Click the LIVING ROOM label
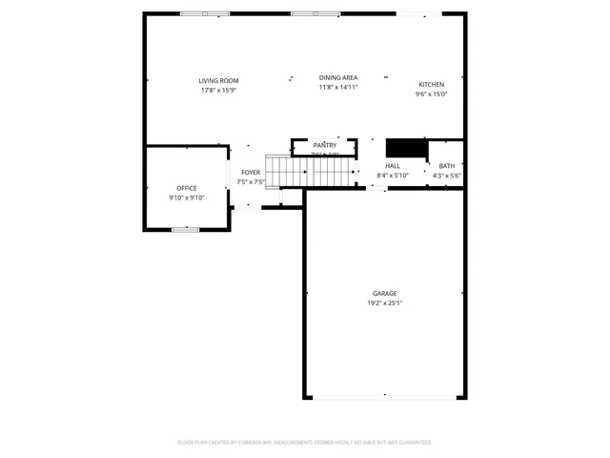pyautogui.click(x=218, y=81)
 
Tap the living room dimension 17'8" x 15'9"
pyautogui.click(x=218, y=91)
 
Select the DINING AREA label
pyautogui.click(x=337, y=77)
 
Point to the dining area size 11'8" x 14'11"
pyautogui.click(x=337, y=87)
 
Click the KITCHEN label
pyautogui.click(x=431, y=85)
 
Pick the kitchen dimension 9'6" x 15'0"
pyautogui.click(x=431, y=94)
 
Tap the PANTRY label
pyautogui.click(x=325, y=145)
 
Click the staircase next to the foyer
pyautogui.click(x=310, y=172)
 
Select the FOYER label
pyautogui.click(x=251, y=173)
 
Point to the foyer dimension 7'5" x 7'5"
pyautogui.click(x=251, y=182)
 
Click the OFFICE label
pyautogui.click(x=187, y=188)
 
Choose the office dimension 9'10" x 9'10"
pyautogui.click(x=187, y=198)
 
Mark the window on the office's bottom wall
pyautogui.click(x=185, y=229)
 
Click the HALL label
pyautogui.click(x=392, y=166)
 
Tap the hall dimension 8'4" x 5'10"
pyautogui.click(x=392, y=176)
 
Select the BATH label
pyautogui.click(x=446, y=166)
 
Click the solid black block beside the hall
pyautogui.click(x=405, y=148)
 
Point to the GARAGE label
pyautogui.click(x=384, y=294)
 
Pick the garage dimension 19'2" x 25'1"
pyautogui.click(x=384, y=303)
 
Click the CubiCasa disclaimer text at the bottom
pyautogui.click(x=305, y=443)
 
